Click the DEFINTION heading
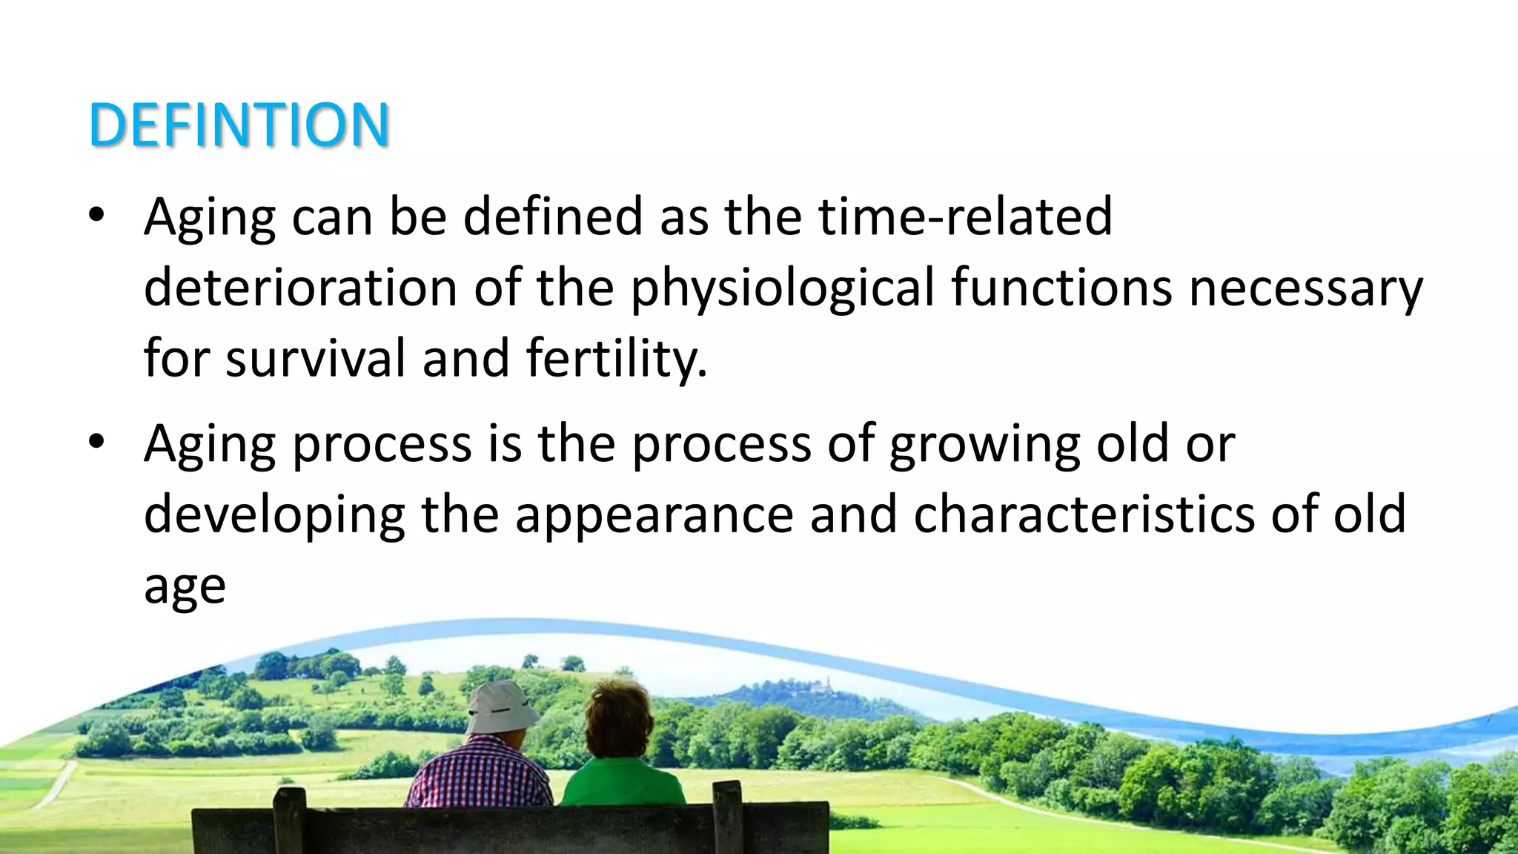click(239, 125)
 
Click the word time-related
click(965, 216)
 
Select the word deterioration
click(300, 288)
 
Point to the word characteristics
click(1084, 514)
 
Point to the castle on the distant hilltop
click(818, 684)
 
